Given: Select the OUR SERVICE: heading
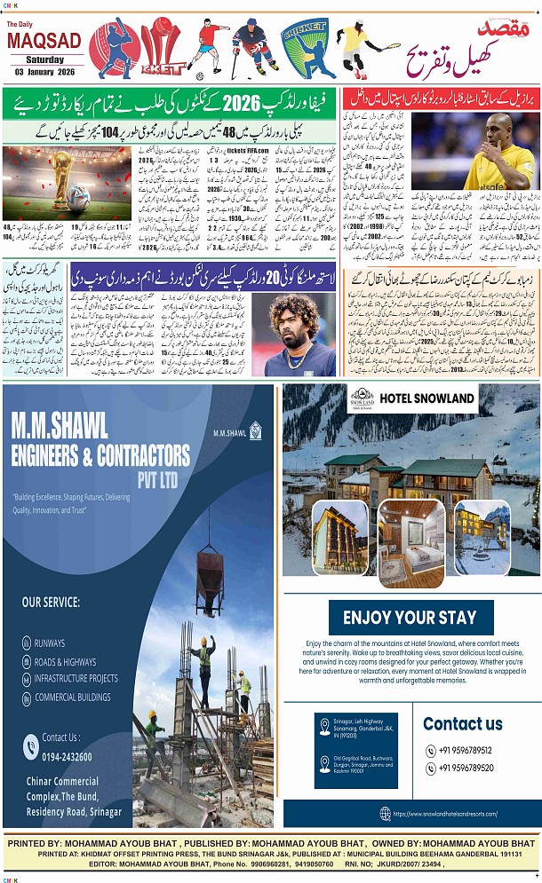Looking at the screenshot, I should tap(51, 602).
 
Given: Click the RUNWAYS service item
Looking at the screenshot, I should tap(50, 643).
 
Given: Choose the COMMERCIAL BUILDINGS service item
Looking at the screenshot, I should tap(73, 697).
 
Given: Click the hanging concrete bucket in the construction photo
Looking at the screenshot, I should tap(210, 567).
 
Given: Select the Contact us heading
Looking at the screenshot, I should tap(463, 723).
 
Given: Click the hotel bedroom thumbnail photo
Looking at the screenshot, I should tap(410, 542).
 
